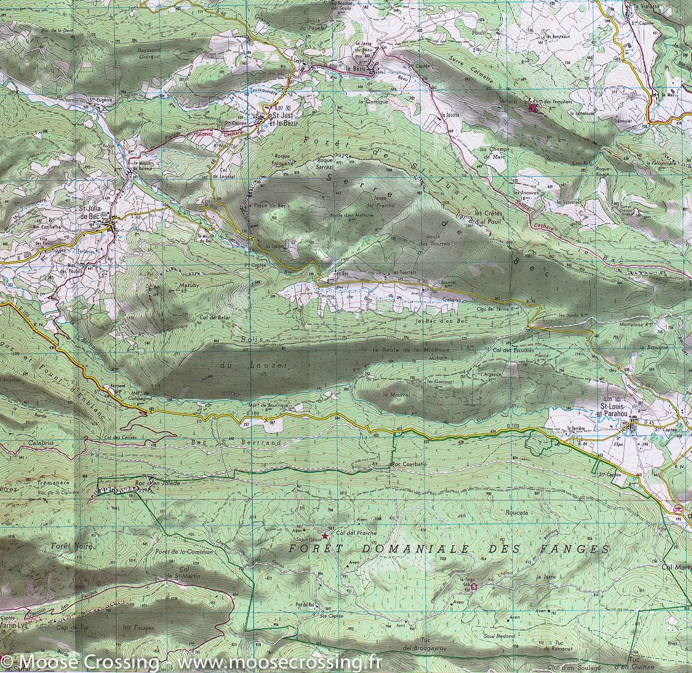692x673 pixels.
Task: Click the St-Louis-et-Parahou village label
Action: [616, 410]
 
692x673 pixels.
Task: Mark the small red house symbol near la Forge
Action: [474, 587]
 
